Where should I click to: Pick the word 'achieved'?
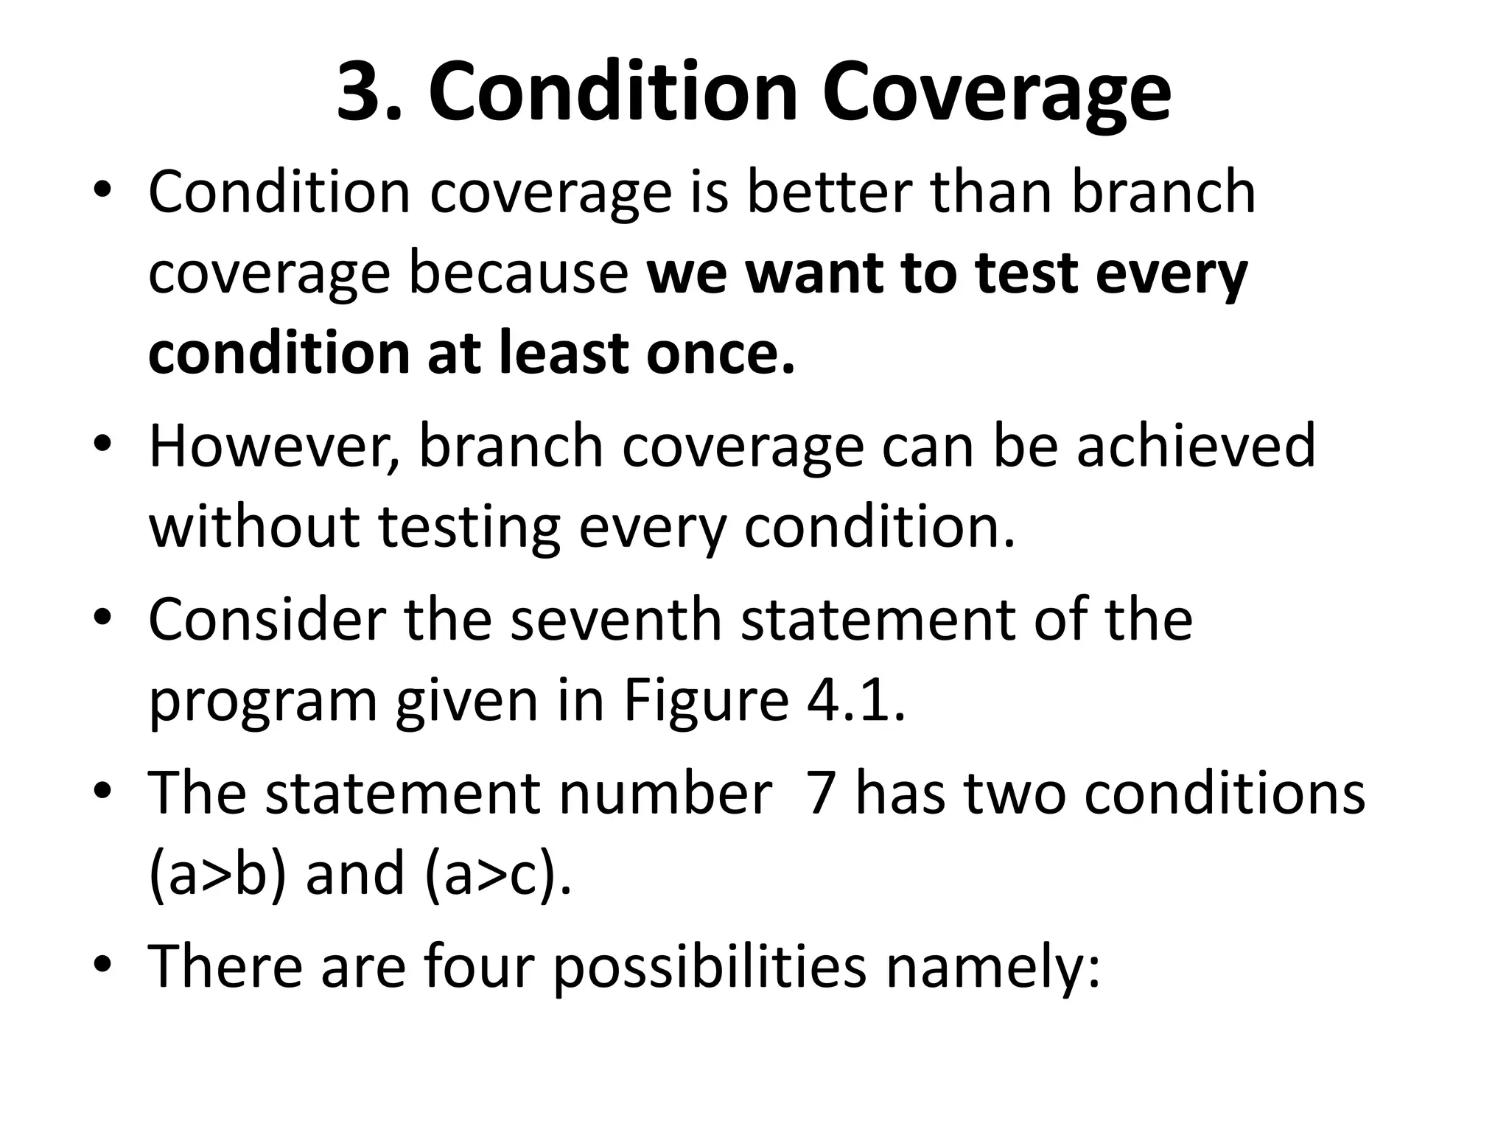[1195, 446]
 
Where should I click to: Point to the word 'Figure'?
[706, 701]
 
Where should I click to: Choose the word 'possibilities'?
[710, 968]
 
